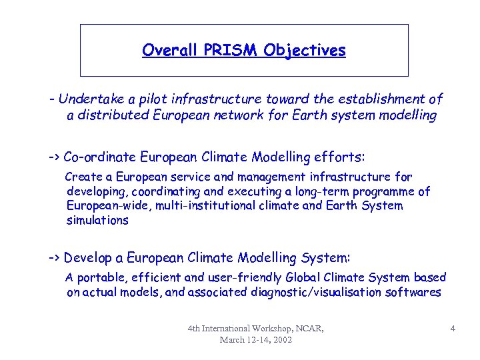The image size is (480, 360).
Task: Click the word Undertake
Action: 87,99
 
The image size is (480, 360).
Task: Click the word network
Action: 284,115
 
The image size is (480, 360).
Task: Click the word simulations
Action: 97,220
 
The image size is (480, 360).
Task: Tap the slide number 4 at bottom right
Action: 453,328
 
